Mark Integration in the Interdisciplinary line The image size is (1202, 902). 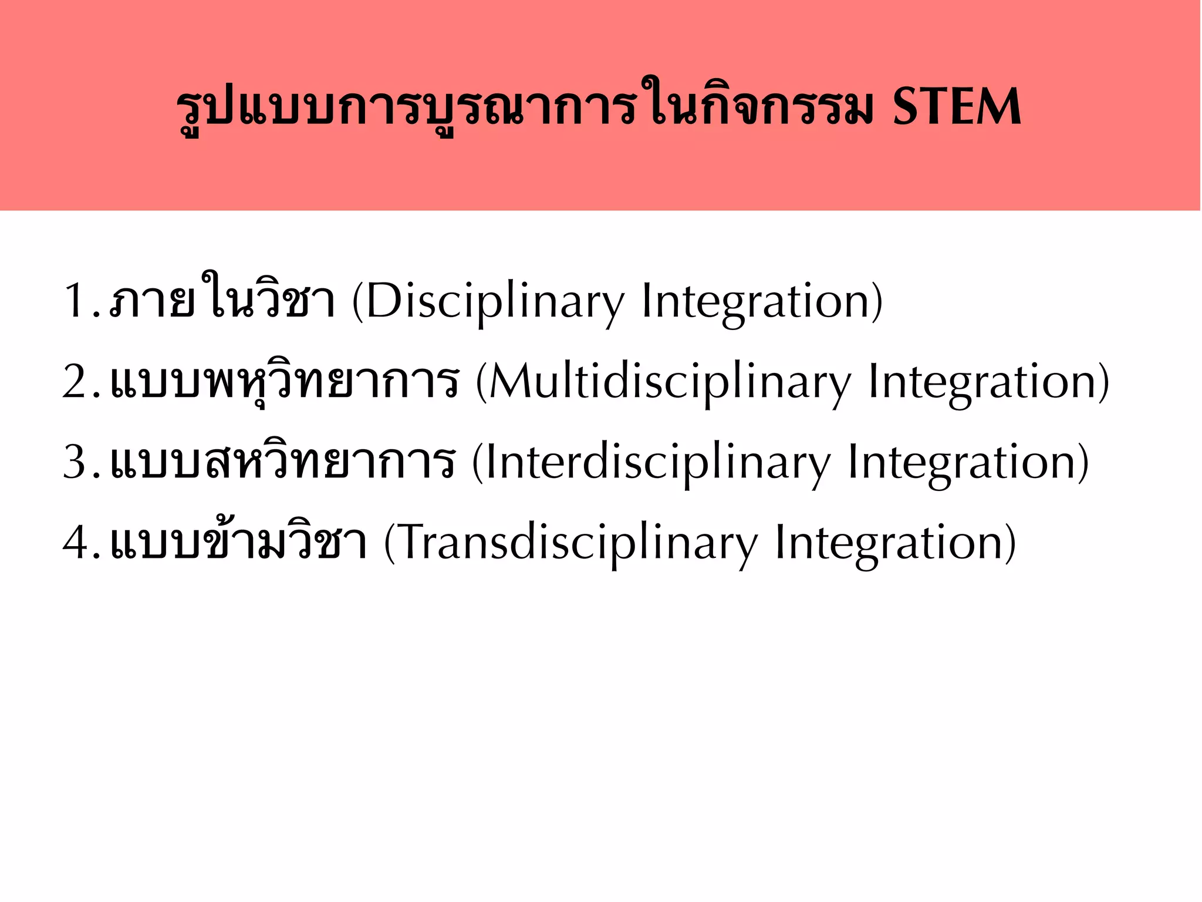963,463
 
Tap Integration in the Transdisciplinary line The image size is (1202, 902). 889,544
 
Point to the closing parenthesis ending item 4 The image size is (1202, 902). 1010,544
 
